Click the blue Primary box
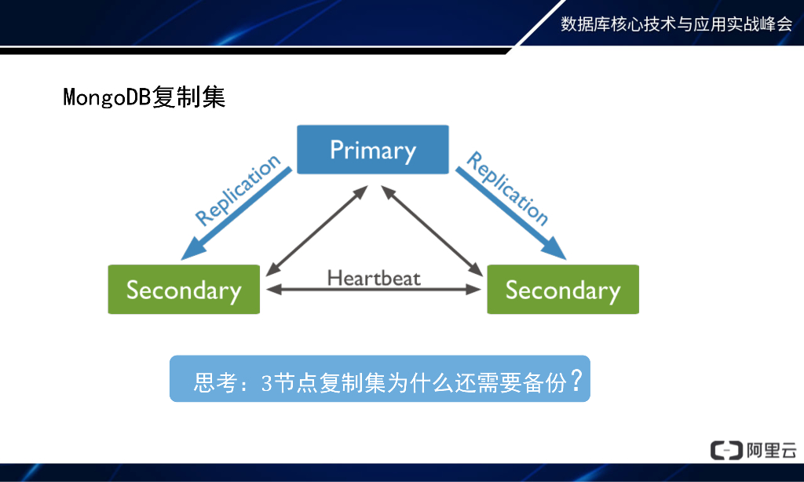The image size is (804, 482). [372, 149]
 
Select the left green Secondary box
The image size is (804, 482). [184, 290]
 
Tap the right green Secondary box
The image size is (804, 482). [562, 290]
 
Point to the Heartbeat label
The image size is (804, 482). [374, 278]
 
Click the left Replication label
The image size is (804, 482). [237, 191]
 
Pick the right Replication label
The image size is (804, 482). [507, 188]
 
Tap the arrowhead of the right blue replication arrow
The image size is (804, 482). [554, 249]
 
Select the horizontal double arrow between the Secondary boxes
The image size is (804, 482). [374, 290]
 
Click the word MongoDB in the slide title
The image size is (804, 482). [107, 98]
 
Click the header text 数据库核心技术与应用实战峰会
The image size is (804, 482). [676, 24]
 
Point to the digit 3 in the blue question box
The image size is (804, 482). [266, 384]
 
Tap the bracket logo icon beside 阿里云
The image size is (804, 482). [725, 450]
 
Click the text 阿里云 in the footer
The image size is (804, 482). [771, 450]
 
